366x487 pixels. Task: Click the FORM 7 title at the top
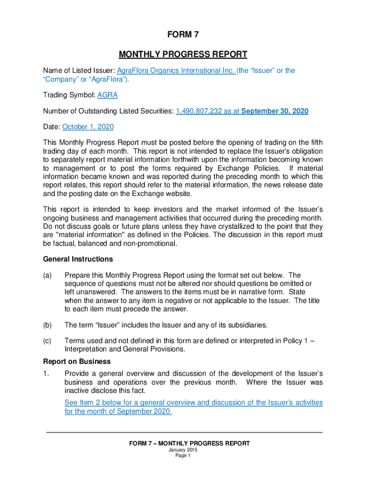coord(183,34)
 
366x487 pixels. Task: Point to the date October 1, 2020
coord(88,127)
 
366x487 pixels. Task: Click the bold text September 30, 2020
coord(275,111)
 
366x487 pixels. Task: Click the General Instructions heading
coord(78,259)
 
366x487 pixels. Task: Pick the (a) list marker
coord(48,275)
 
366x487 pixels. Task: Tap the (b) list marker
coord(48,325)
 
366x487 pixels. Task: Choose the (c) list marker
coord(48,341)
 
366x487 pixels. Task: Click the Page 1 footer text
coord(183,455)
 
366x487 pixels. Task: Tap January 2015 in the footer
coord(183,449)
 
